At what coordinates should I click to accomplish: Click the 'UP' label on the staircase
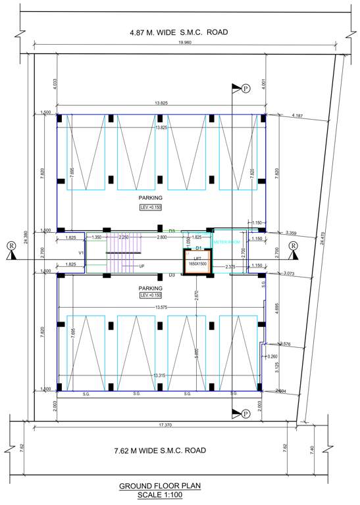point(141,266)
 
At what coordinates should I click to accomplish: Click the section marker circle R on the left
point(11,246)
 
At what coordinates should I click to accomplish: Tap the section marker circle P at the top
point(245,88)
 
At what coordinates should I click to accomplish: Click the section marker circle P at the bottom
point(245,414)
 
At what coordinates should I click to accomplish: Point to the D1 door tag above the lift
point(197,248)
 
